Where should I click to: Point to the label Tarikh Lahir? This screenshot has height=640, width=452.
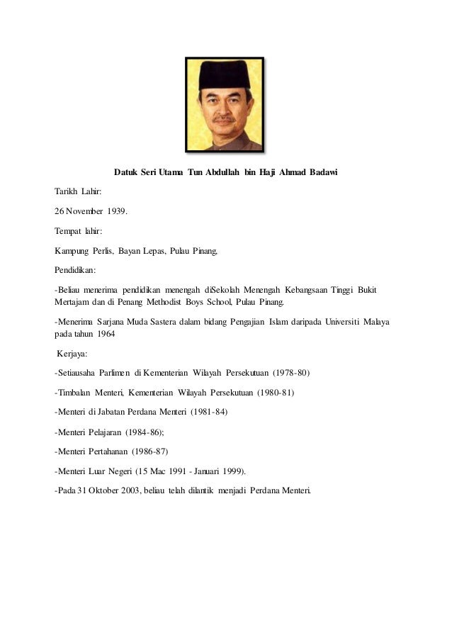(x=78, y=192)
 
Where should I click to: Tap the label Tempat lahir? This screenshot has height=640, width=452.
(x=78, y=231)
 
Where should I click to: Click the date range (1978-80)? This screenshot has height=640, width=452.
(x=286, y=372)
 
